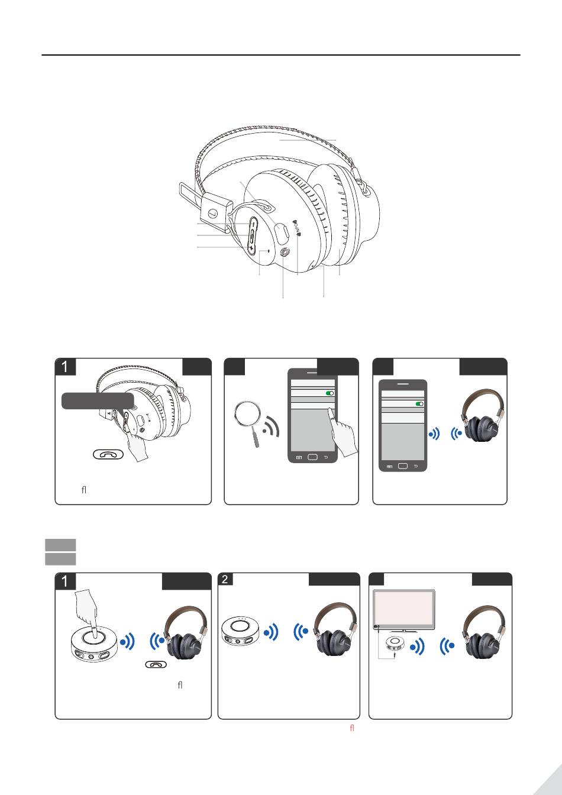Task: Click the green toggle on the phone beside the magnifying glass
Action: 330,393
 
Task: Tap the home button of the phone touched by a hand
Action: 312,457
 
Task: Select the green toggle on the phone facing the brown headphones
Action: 419,404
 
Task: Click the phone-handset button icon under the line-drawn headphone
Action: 108,454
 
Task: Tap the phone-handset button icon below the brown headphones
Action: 156,664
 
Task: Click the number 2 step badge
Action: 225,580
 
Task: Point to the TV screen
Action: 404,609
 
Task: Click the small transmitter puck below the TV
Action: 395,644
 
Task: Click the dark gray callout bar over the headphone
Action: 98,400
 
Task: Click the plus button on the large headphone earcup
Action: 251,248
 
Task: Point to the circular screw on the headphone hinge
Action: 212,214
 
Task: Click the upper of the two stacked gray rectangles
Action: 60,545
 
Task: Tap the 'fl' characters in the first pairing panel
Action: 84,490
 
